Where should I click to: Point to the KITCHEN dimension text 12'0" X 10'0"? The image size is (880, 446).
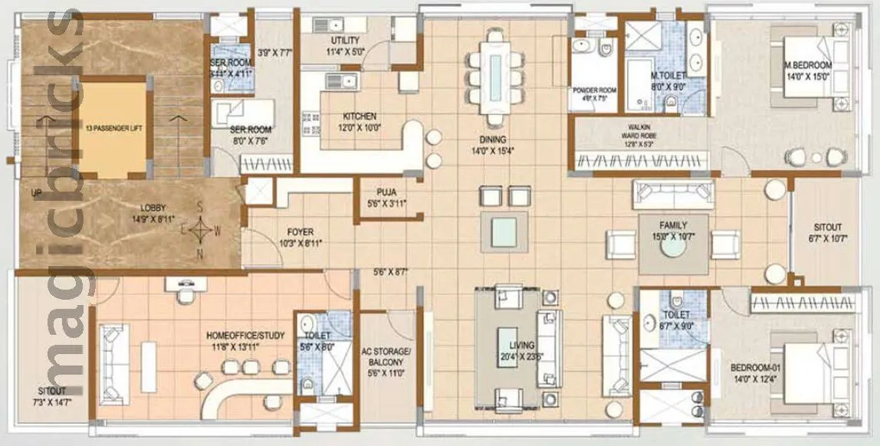point(361,127)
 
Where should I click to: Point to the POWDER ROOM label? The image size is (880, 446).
point(595,90)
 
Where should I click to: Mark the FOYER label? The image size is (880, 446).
point(300,231)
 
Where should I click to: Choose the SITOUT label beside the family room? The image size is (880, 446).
point(828,228)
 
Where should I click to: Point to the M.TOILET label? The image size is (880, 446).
point(668,77)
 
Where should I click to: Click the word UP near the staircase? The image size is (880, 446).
point(35,193)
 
